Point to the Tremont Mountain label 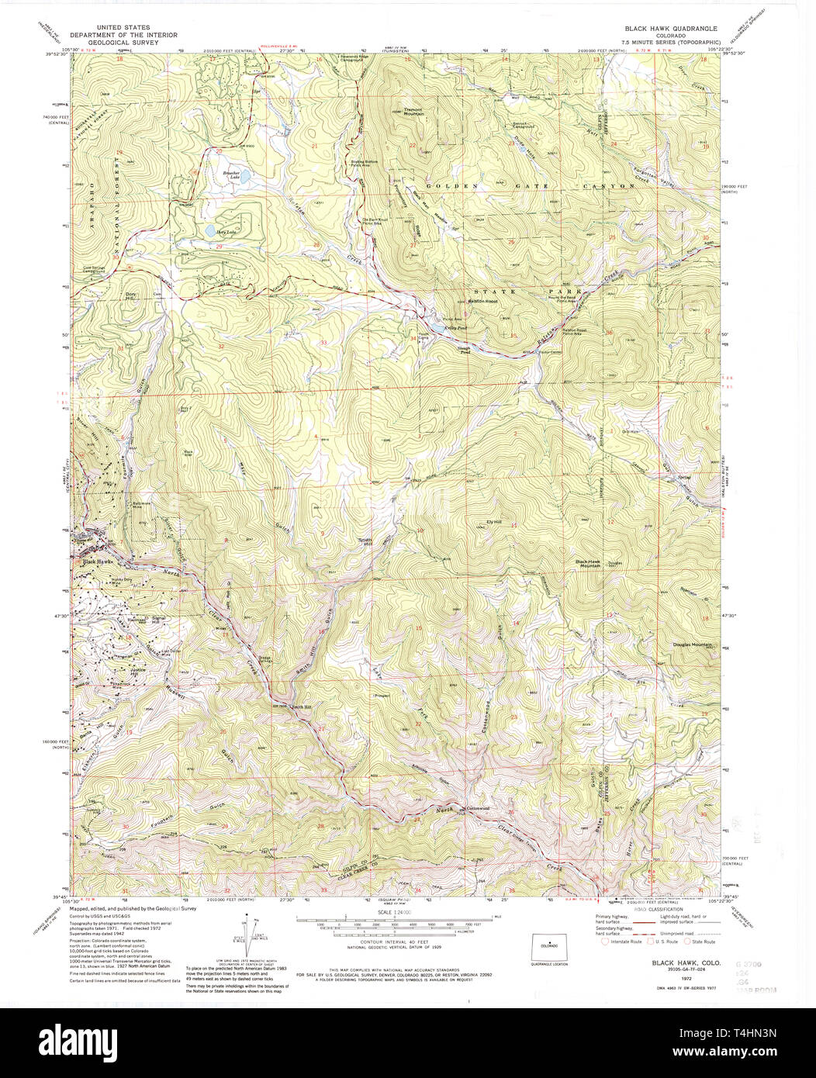413,112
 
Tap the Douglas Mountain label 692,644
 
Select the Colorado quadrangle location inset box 549,947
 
